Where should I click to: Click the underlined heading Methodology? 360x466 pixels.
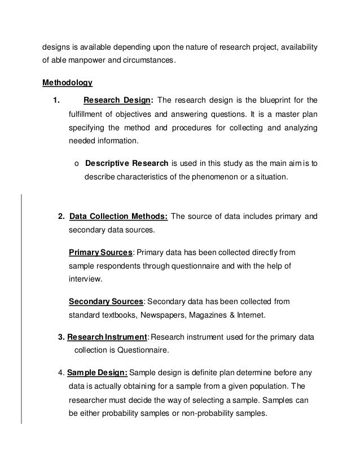(67, 83)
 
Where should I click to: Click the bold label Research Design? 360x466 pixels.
(117, 101)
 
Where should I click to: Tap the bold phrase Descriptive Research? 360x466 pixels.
(122, 164)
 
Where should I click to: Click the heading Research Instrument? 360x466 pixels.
(107, 337)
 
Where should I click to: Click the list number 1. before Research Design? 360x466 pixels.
(56, 101)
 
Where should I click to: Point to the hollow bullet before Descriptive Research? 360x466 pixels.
(77, 164)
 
